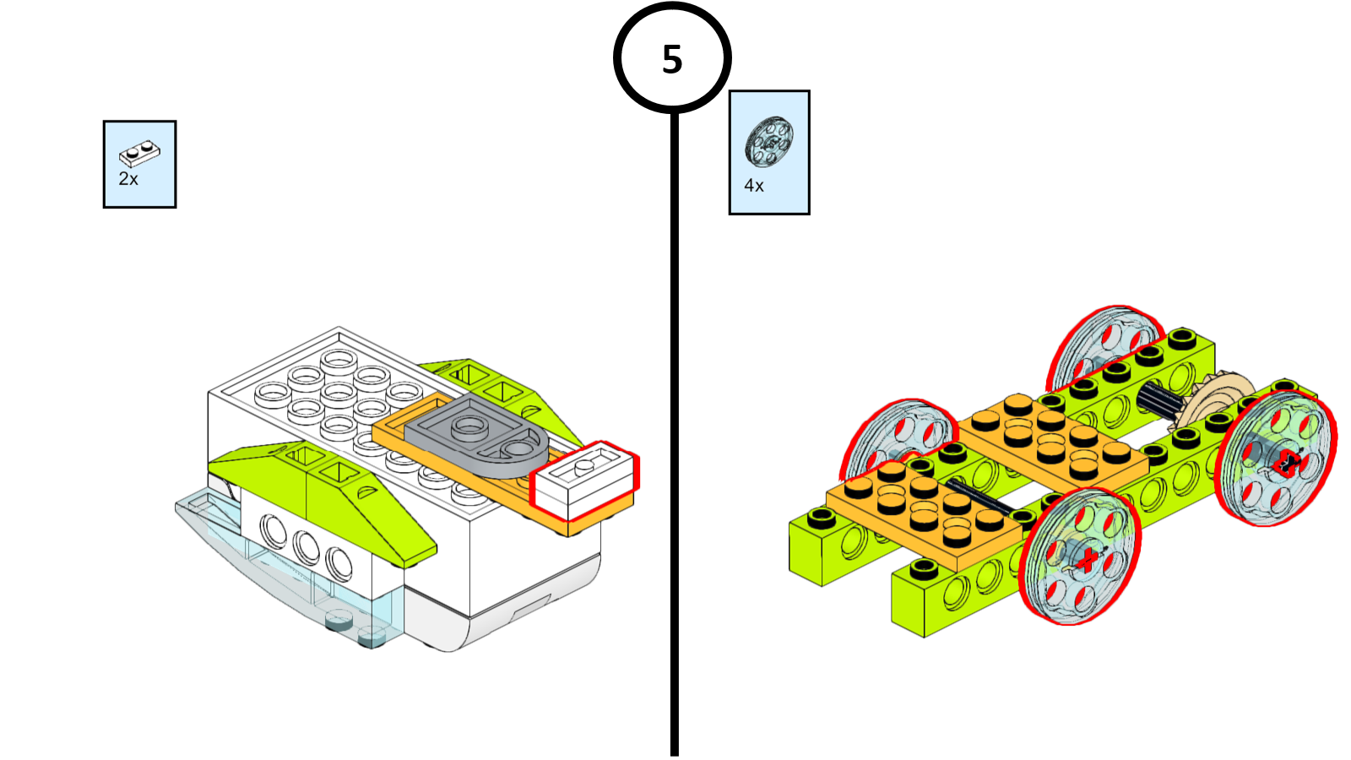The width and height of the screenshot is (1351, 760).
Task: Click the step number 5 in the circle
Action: pos(672,60)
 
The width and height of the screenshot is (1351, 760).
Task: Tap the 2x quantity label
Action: pos(128,179)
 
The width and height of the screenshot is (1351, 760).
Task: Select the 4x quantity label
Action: pos(754,186)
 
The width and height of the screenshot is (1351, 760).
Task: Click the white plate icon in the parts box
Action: pos(139,153)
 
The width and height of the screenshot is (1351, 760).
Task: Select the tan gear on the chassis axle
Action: pos(1216,397)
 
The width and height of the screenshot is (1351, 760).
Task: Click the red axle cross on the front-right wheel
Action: pos(1088,558)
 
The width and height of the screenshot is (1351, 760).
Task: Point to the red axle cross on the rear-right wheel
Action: pos(1289,461)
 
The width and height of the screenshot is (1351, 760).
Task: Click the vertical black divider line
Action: pos(675,422)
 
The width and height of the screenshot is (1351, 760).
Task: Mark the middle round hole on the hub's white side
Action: pos(306,548)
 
